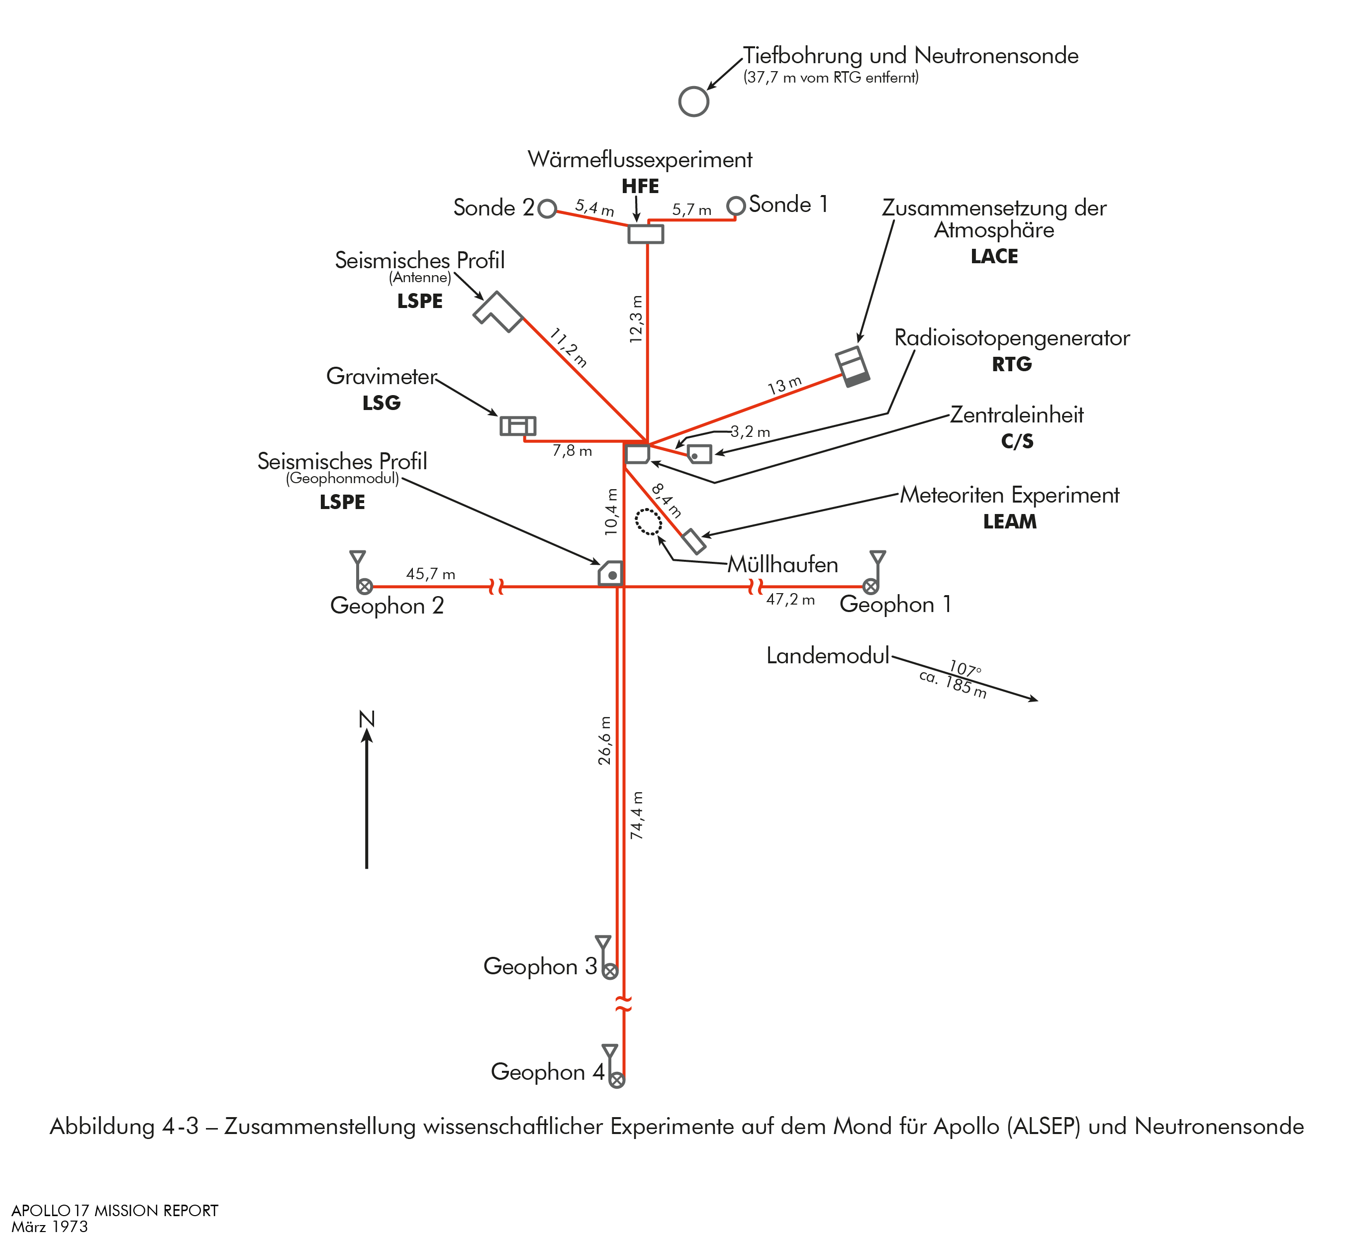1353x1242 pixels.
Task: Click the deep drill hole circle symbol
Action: coord(693,102)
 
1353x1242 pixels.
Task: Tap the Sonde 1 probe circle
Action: coord(736,206)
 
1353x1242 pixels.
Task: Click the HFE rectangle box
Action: coord(646,234)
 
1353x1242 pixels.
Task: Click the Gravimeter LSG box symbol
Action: coord(518,426)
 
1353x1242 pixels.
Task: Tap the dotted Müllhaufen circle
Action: coord(648,521)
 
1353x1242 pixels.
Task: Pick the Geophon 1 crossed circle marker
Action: coord(870,587)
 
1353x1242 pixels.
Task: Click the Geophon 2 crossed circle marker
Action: coord(365,587)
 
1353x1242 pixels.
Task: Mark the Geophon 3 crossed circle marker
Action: coord(610,971)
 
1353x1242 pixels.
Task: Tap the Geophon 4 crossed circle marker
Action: coord(617,1080)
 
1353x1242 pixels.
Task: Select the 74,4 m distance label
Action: coord(637,815)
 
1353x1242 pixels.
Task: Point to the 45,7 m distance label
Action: coord(431,574)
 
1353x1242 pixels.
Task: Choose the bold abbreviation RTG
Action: coord(1012,364)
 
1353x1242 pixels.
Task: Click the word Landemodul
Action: coord(828,656)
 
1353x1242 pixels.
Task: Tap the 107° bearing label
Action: coord(965,669)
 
